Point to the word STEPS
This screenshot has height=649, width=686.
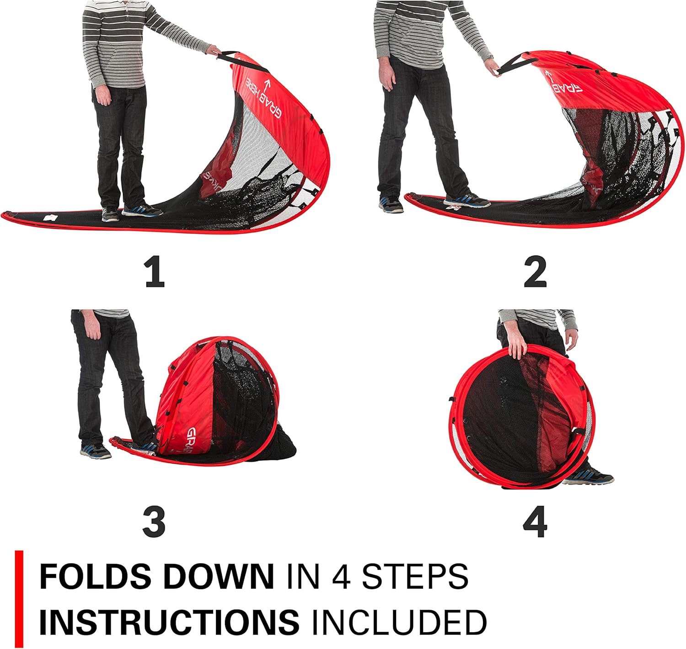pos(415,577)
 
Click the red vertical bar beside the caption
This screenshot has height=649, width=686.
pos(19,599)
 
